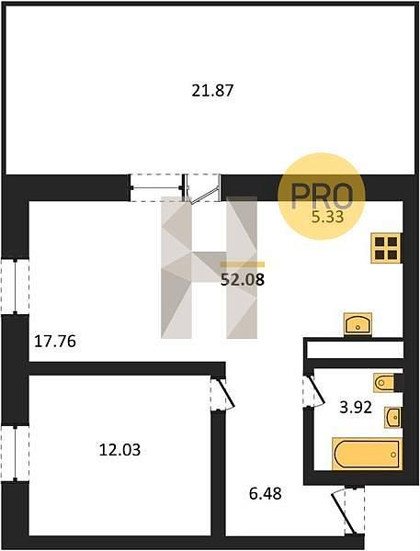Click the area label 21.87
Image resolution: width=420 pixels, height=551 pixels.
point(212,91)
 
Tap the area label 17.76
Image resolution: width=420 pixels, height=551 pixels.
point(55,342)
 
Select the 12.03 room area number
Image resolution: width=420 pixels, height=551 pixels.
point(119,450)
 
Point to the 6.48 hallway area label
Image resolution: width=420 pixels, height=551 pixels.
point(266,494)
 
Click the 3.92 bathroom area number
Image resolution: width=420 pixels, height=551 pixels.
point(356,408)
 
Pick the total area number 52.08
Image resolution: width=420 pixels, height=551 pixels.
point(243,280)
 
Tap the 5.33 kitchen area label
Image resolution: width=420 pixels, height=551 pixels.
point(327,217)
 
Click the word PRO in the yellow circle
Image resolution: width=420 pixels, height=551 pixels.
point(322,197)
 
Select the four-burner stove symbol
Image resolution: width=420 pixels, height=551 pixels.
point(386,248)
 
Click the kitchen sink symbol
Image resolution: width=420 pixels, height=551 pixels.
point(358,323)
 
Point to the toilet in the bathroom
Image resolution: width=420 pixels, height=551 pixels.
point(384,383)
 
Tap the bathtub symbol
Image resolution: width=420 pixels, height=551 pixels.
point(367,454)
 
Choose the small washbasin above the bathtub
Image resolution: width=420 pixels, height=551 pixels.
point(392,418)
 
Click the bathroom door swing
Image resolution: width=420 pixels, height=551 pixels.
point(313,391)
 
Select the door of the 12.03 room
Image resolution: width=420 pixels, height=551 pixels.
point(222,394)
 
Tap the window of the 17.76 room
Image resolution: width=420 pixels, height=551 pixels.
point(15,287)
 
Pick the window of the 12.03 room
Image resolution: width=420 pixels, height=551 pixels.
point(15,454)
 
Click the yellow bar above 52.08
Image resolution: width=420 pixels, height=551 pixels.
point(243,264)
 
